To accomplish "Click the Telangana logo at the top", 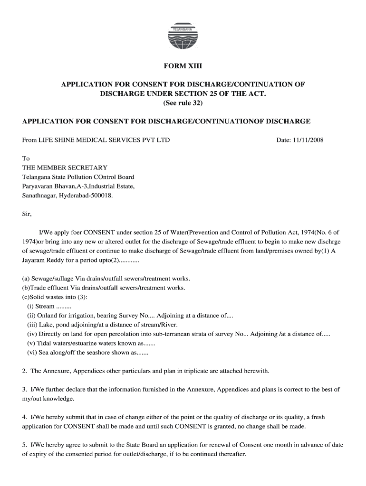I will [183, 37].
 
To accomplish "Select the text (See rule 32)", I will [183, 103].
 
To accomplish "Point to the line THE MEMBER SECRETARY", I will [65, 168].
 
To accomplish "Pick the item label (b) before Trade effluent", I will [26, 288].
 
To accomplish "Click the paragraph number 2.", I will [25, 371].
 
